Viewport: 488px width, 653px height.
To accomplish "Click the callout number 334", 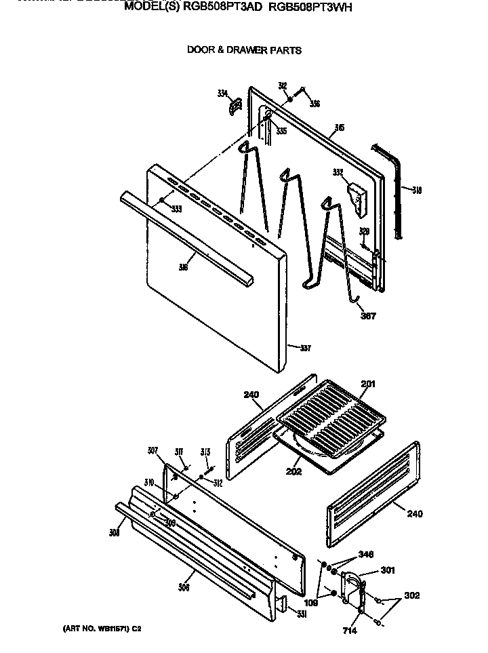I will coord(222,94).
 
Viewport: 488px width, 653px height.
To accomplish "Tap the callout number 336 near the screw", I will coord(314,104).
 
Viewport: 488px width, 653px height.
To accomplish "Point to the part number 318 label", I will coord(416,191).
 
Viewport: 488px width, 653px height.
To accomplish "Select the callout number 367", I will coord(367,315).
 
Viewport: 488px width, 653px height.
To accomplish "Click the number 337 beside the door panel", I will coord(305,349).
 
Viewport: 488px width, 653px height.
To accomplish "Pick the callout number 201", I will coord(367,384).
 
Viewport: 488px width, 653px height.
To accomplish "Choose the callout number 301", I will coord(388,570).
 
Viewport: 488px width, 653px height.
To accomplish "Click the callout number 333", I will coord(176,208).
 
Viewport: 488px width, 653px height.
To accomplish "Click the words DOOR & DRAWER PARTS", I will coord(244,50).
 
